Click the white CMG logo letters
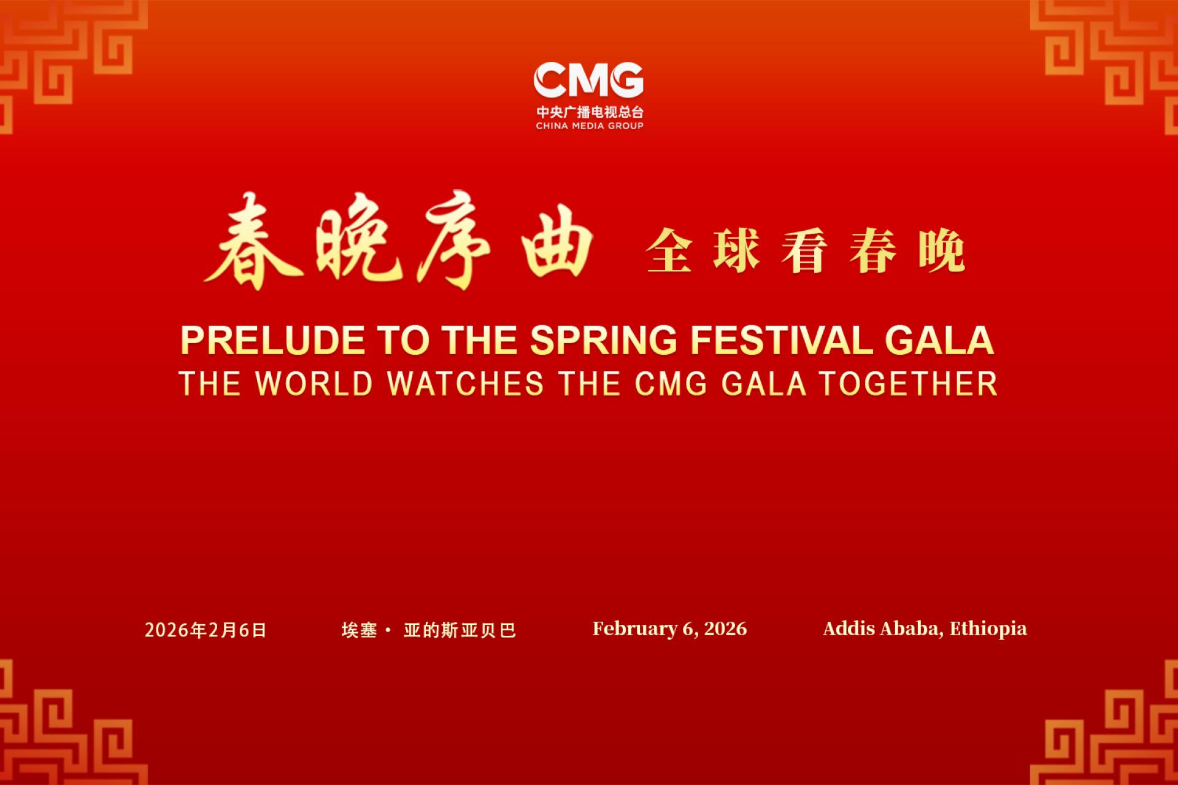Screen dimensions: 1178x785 coord(588,80)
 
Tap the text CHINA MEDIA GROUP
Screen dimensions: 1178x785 coord(590,126)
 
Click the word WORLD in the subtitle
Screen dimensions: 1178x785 coord(314,384)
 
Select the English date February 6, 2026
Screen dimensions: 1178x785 coord(669,628)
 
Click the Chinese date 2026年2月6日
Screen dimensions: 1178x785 coord(206,630)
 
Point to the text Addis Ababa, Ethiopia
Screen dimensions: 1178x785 coord(925,628)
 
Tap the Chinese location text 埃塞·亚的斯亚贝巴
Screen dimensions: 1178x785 coord(429,630)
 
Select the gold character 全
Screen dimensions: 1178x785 coord(669,250)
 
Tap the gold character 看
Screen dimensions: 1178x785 coord(805,250)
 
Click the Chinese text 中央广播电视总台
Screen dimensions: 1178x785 coord(590,112)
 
